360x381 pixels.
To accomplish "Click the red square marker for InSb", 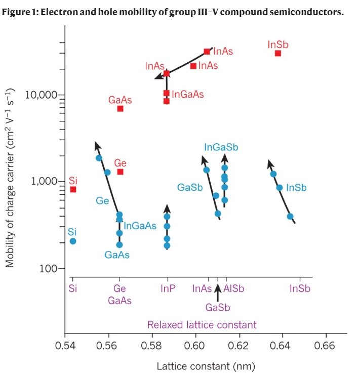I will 278,53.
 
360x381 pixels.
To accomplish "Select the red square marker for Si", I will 73,189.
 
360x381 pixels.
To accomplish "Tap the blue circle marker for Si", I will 73,241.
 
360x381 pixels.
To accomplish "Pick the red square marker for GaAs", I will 120,108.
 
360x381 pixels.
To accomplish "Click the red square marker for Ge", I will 120,172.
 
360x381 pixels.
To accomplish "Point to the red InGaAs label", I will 188,94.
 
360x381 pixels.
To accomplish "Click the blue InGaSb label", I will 221,147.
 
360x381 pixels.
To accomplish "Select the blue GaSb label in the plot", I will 190,188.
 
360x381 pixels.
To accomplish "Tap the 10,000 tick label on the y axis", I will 41,95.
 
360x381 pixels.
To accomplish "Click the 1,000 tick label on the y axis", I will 44,182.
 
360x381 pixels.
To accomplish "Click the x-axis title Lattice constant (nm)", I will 206,366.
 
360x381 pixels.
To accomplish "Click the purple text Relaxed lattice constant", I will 202,324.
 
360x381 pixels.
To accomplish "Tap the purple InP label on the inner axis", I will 168,289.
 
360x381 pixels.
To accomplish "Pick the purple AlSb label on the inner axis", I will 234,289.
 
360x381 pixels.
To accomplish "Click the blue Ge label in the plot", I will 103,201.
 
